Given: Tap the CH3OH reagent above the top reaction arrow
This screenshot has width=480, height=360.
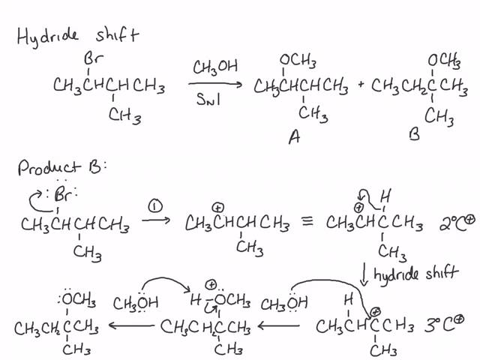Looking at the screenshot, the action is tap(215, 68).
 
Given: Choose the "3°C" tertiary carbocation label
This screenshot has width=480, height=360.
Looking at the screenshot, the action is tap(442, 325).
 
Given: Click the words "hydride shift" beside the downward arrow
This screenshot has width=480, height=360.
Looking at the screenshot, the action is tap(416, 272).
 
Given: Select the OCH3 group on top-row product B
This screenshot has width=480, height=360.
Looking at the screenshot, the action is tap(443, 61).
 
